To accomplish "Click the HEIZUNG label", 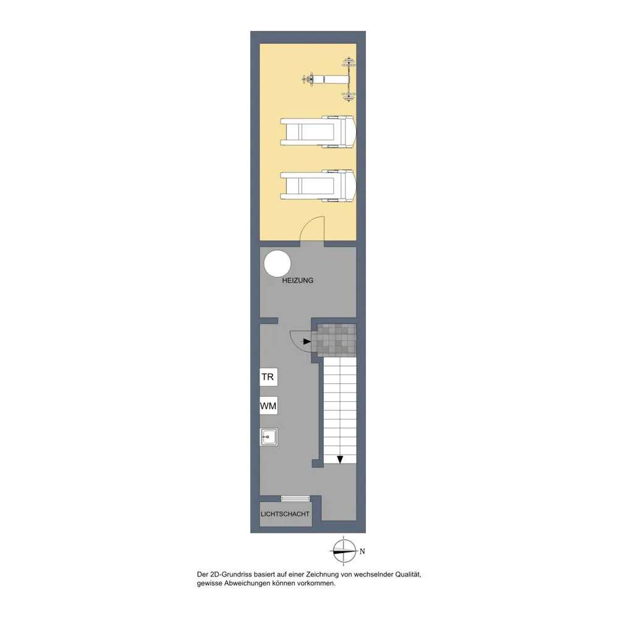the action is [x=298, y=281].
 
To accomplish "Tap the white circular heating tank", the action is [x=277, y=263].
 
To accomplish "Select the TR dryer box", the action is [x=268, y=377].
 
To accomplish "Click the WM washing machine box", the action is [x=268, y=405].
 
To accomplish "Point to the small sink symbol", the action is [x=269, y=437].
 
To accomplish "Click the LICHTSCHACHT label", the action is [x=285, y=514].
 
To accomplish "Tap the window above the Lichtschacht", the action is [x=295, y=499].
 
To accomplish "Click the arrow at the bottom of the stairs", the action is [x=340, y=459].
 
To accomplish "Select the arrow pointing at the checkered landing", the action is [x=307, y=341].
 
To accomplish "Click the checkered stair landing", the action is [x=337, y=340].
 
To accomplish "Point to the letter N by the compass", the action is [x=362, y=551].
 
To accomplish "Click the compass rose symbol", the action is [x=344, y=551].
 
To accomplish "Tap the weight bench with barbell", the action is [x=329, y=80].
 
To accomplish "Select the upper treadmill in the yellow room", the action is [x=318, y=132].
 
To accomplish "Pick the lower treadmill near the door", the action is [x=318, y=185].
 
